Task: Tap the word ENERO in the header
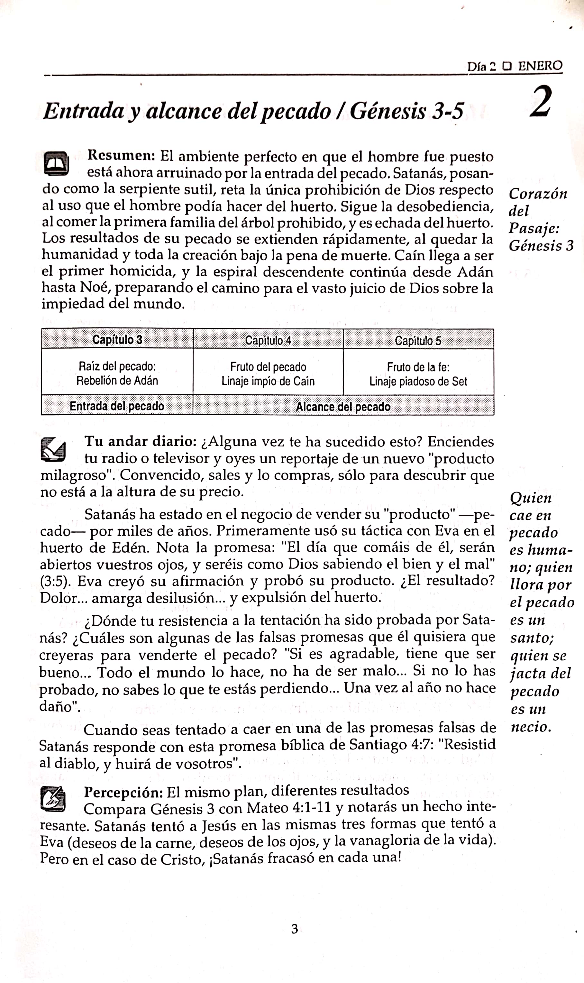pyautogui.click(x=540, y=66)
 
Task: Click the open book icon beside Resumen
pyautogui.click(x=56, y=163)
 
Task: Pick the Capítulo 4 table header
pyautogui.click(x=268, y=340)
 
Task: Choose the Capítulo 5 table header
pyautogui.click(x=418, y=340)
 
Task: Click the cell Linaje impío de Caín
pyautogui.click(x=268, y=381)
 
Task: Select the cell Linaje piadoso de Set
pyautogui.click(x=418, y=381)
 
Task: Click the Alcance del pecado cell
pyautogui.click(x=343, y=407)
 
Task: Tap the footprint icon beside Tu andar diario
pyautogui.click(x=53, y=450)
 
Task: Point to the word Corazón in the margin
pyautogui.click(x=538, y=194)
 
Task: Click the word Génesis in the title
pyautogui.click(x=388, y=111)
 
